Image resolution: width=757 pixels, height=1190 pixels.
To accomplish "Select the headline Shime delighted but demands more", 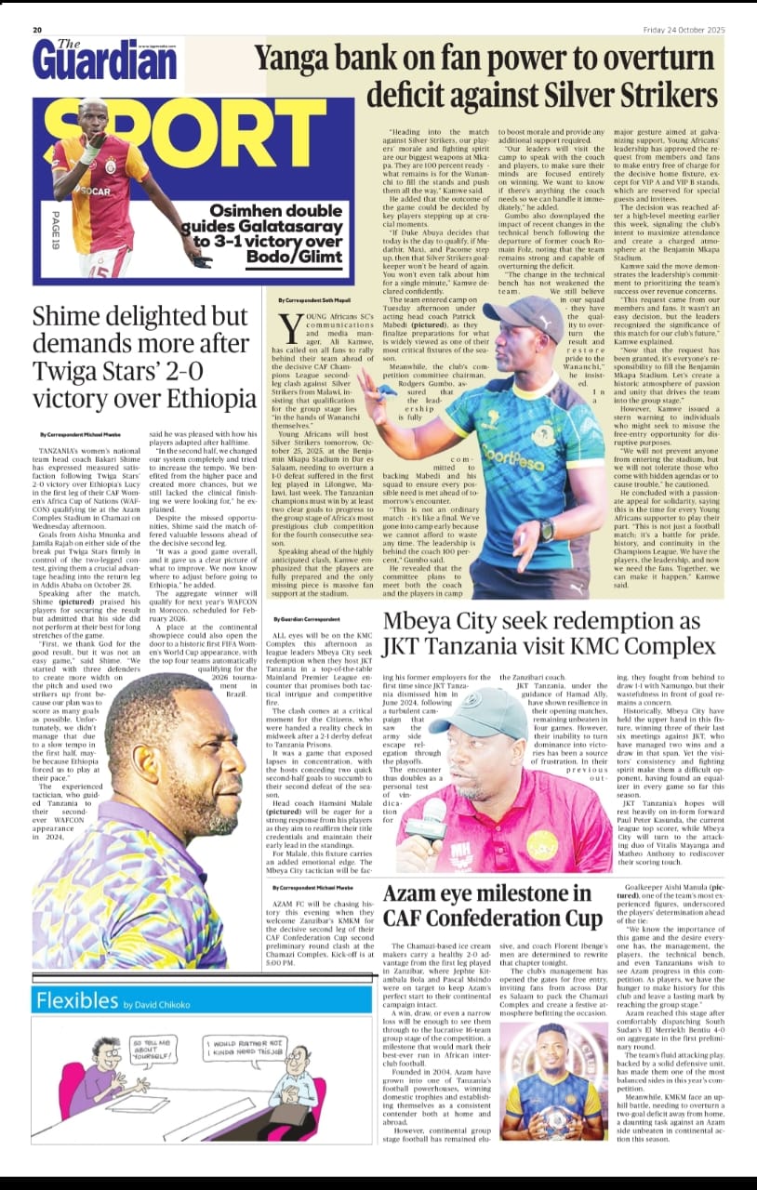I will (144, 356).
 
